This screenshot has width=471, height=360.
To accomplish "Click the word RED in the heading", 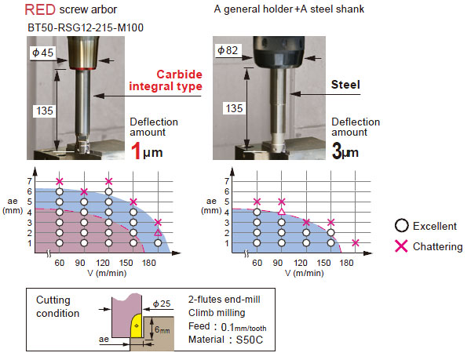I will coord(39,11).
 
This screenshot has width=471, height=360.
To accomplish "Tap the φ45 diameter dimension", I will coord(42,53).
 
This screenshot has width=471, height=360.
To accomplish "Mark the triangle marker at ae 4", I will coord(281,212).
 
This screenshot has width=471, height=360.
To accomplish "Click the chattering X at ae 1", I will coord(356,243).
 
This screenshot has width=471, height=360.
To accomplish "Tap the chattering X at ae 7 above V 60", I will coord(59,182).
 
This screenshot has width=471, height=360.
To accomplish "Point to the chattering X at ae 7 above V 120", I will coord(108,182).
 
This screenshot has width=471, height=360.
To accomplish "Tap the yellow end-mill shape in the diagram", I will coord(136,326).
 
